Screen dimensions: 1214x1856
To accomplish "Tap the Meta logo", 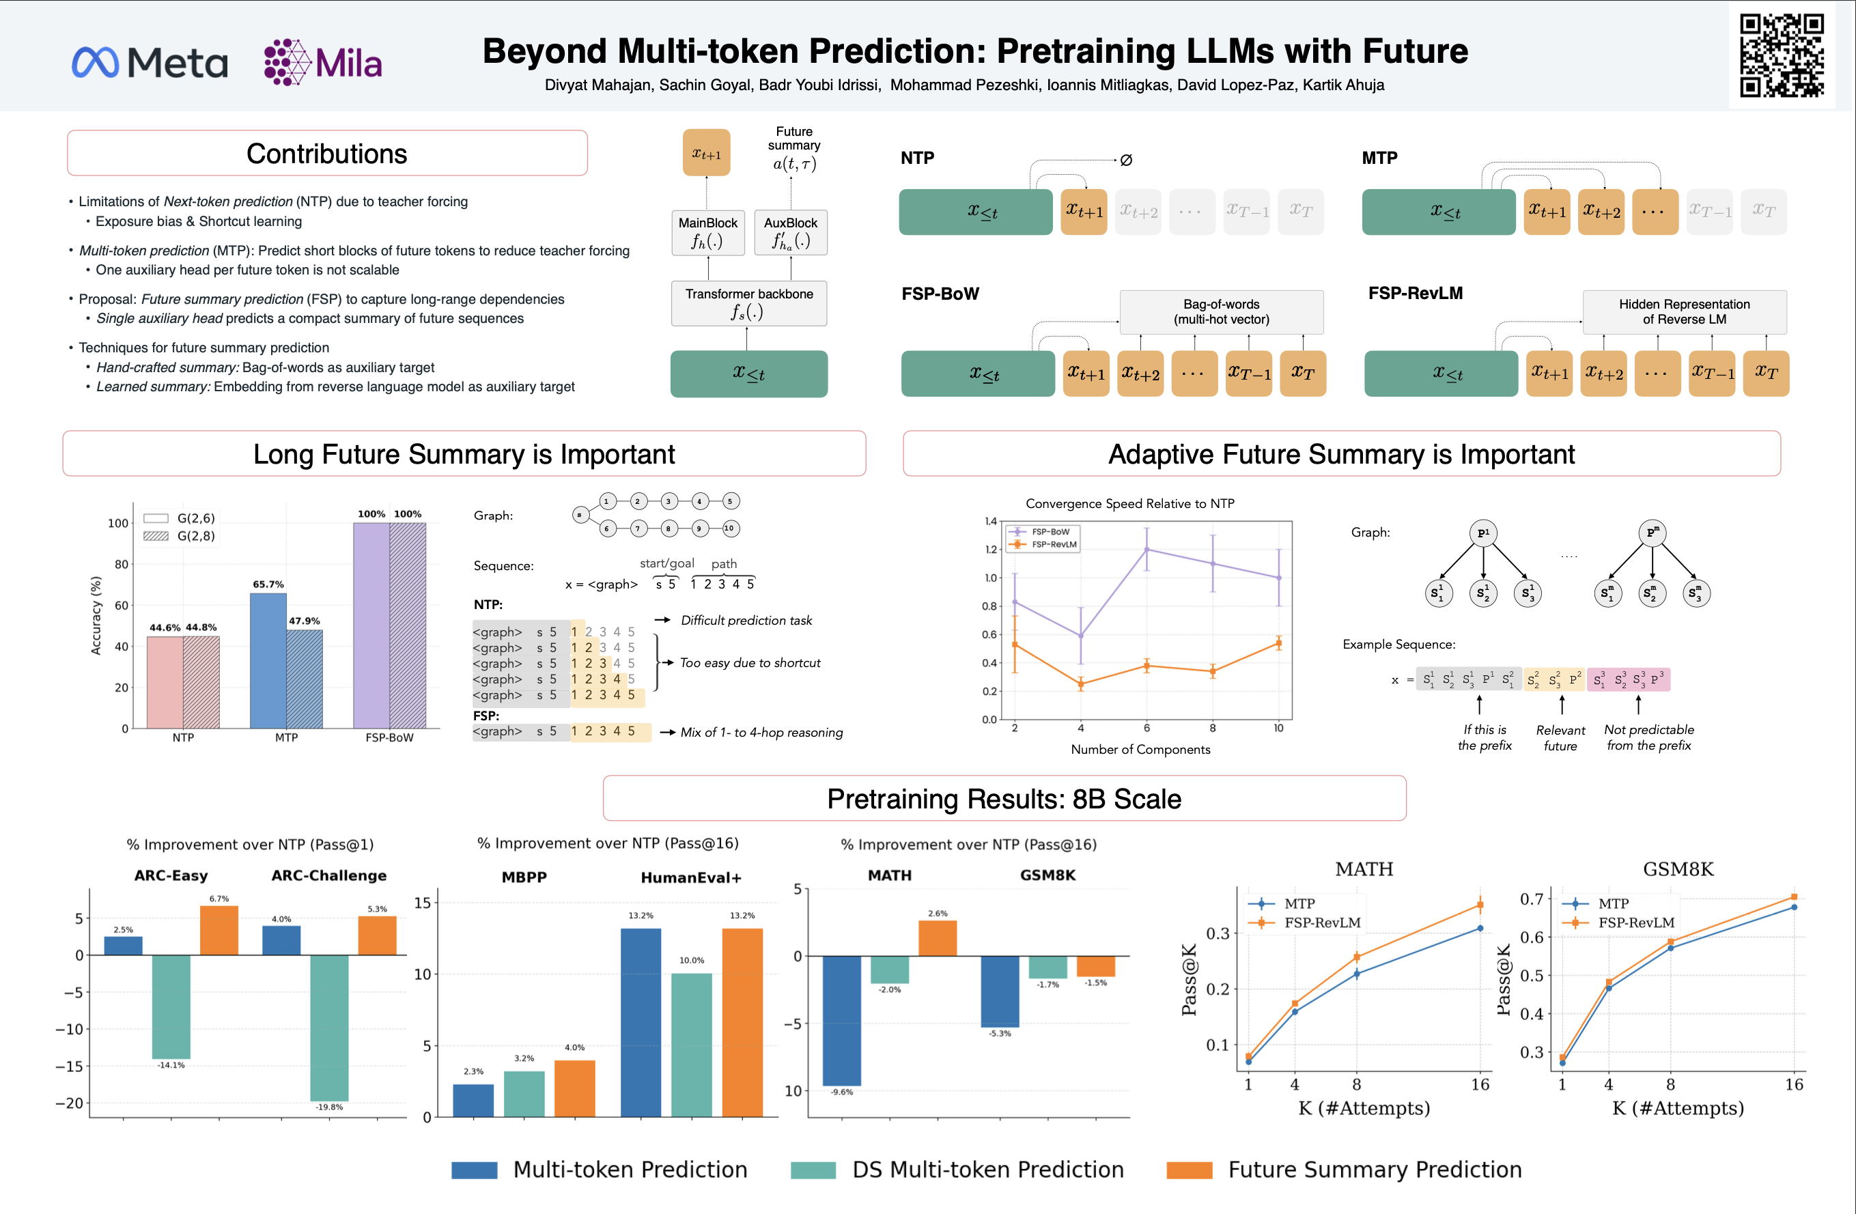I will coord(150,62).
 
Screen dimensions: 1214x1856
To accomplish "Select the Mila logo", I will coord(323,62).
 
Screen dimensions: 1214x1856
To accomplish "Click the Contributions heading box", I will coord(327,154).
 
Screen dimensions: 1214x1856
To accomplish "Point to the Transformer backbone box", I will coord(748,303).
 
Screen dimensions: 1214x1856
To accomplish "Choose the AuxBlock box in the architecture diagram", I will coord(791,232).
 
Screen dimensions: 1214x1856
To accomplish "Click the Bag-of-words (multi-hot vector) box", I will coord(1221,312).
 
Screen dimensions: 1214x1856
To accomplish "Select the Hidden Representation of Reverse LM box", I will coord(1684,312).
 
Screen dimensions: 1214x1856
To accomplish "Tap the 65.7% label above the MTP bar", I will coord(268,584).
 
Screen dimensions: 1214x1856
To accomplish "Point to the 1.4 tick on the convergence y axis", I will coord(990,521).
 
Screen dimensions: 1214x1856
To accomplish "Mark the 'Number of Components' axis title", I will coord(1140,749).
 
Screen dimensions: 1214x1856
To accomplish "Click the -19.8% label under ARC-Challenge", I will coord(328,1106).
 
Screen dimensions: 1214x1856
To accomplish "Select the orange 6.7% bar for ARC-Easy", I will coord(219,930).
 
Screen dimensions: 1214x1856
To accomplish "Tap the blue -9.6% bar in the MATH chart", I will coord(842,1020).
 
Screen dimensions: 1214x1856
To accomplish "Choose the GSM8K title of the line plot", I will coord(1678,869).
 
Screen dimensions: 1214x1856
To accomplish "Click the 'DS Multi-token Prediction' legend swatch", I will coord(813,1170).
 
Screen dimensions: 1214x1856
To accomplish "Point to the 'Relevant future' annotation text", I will coord(1560,737).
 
